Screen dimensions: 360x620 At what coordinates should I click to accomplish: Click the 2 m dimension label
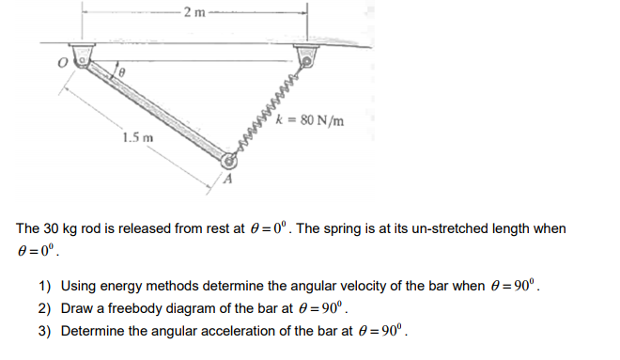[194, 11]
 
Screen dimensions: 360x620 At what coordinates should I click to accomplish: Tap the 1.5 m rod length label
[137, 140]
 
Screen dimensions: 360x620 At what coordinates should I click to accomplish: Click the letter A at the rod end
[225, 179]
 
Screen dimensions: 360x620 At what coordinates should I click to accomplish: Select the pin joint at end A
[226, 161]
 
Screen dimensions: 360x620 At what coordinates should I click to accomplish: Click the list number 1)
[44, 287]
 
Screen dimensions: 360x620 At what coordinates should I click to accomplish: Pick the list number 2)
[44, 308]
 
